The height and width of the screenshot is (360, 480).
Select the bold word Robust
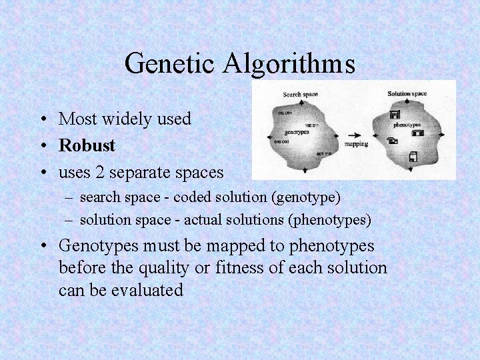coord(87,145)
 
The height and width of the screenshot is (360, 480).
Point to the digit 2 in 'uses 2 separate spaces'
coord(99,172)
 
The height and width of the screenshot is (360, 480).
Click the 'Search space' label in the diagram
coord(300,95)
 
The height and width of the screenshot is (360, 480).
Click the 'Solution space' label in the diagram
coord(407,94)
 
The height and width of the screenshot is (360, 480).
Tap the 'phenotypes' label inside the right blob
coord(406,125)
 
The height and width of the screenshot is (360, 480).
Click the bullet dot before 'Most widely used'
coord(42,119)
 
